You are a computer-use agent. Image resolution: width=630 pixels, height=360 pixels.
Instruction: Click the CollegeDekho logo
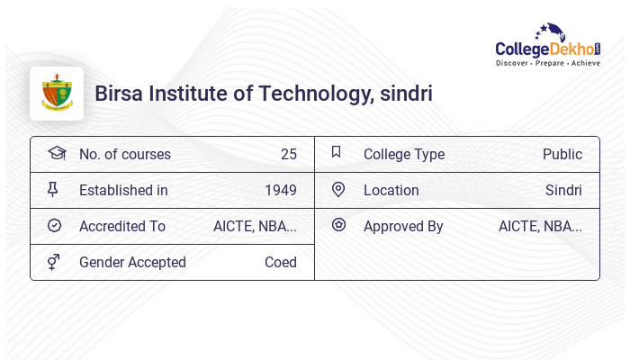[548, 46]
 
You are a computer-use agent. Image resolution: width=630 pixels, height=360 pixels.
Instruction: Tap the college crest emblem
[57, 94]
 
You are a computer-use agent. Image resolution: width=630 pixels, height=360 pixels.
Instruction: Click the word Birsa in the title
[120, 94]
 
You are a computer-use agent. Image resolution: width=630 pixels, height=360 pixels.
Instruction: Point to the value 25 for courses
[288, 154]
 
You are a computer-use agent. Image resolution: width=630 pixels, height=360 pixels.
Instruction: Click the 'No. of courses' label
[124, 154]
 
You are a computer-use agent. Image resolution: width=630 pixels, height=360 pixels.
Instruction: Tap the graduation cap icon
[56, 153]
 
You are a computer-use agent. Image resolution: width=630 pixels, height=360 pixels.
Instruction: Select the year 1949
[280, 190]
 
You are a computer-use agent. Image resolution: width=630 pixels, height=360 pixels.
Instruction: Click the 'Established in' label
[123, 190]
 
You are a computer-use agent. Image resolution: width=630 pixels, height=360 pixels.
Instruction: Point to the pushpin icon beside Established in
[54, 190]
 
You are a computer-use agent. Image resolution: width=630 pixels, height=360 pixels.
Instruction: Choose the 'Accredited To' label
[122, 226]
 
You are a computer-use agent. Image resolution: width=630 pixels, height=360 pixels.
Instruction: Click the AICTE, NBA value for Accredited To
[255, 226]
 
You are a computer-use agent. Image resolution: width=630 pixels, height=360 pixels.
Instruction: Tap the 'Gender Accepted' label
[132, 262]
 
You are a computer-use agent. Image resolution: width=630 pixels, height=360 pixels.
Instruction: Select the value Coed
[280, 262]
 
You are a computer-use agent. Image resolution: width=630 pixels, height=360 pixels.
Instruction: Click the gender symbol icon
[54, 262]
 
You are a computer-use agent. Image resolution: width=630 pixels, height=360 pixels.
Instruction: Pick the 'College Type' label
[403, 154]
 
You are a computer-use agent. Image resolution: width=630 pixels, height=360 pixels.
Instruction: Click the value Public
[562, 154]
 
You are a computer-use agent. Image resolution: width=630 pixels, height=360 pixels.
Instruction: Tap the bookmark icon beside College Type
[337, 152]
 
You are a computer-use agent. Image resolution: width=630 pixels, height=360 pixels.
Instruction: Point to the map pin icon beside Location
[337, 189]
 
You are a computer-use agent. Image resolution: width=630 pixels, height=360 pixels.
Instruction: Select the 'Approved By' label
[403, 226]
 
